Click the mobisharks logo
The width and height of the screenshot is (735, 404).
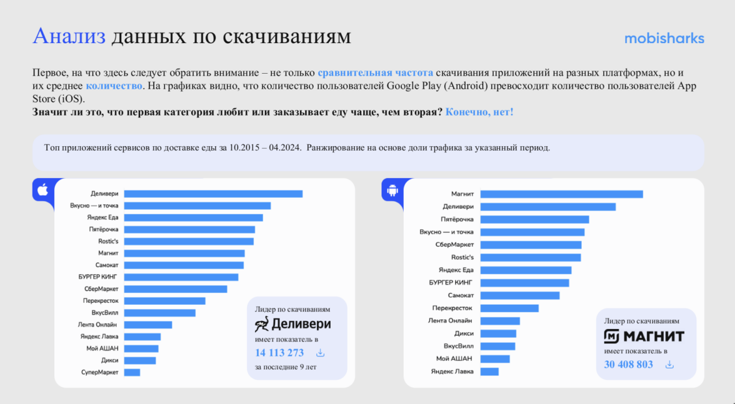[664, 39]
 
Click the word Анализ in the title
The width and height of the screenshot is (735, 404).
[69, 36]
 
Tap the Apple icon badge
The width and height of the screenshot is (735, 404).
[42, 189]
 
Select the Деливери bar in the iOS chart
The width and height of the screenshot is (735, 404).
[213, 194]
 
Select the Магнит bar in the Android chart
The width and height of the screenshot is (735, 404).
[561, 194]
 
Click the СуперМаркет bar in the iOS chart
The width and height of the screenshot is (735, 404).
[132, 372]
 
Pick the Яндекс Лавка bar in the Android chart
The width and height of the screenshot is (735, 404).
[489, 372]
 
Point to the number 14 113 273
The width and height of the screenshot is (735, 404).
[279, 353]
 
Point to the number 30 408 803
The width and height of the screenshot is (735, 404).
[628, 364]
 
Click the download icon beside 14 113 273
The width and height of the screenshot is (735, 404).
[320, 353]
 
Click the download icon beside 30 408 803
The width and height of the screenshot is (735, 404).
[669, 364]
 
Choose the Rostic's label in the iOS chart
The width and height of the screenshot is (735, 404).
[108, 241]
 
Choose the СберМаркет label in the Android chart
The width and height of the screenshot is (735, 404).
[454, 245]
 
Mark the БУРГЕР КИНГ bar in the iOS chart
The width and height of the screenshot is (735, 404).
[181, 277]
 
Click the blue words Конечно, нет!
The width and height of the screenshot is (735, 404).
[479, 112]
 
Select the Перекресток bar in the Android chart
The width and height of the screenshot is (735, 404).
[509, 308]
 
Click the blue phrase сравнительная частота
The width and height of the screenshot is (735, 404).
[375, 73]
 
